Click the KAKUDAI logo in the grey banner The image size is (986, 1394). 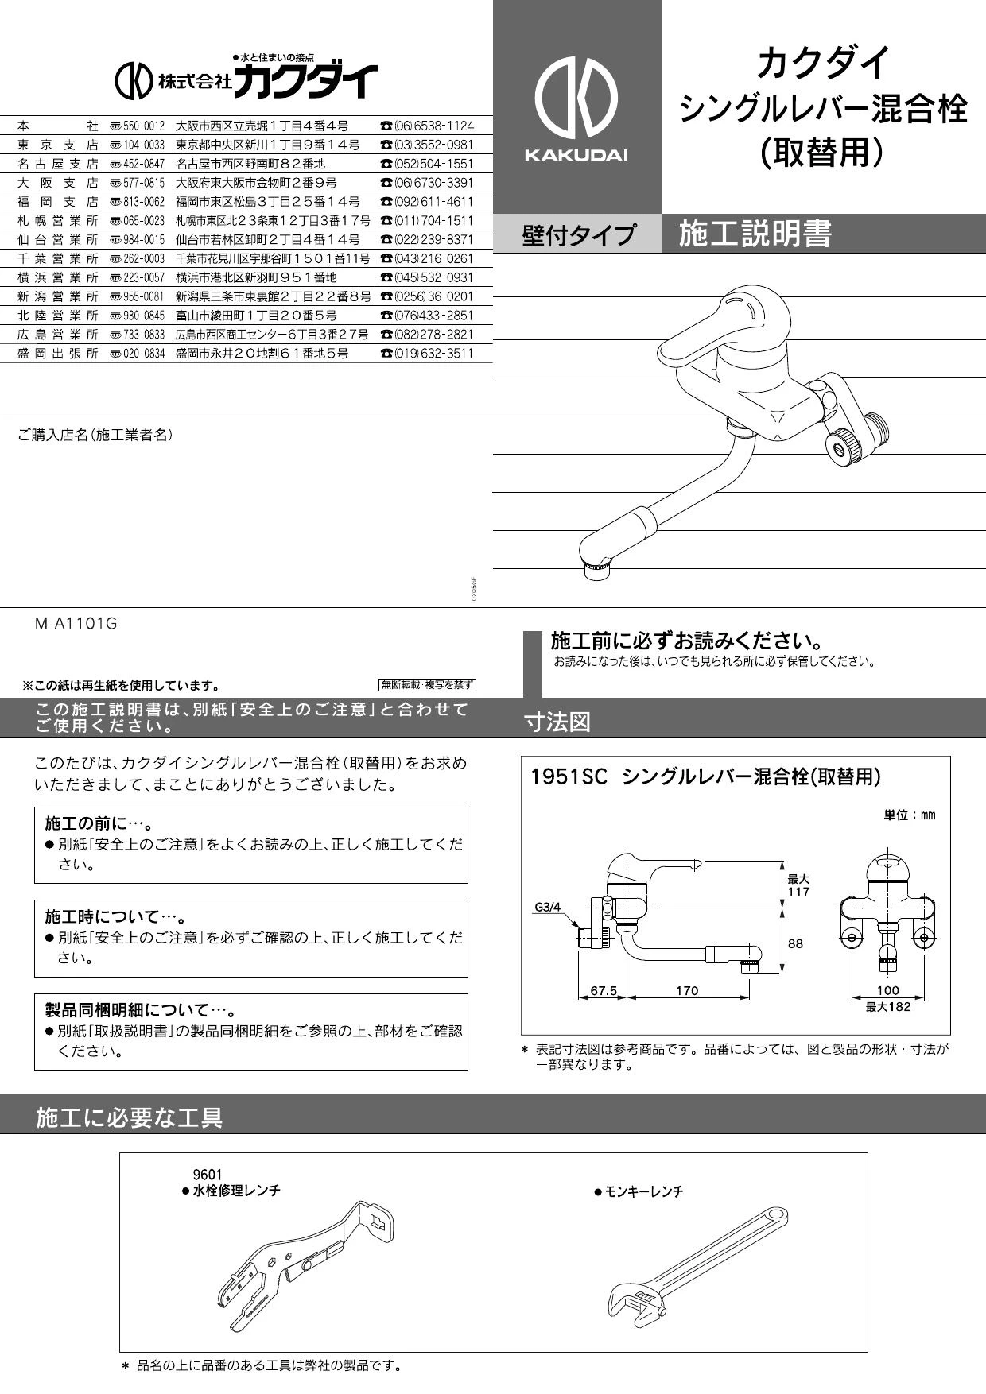point(576,107)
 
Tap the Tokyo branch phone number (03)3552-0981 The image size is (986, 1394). point(433,145)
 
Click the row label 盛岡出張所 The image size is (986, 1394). point(58,353)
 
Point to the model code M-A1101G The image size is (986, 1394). point(76,624)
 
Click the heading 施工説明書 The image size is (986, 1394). point(755,234)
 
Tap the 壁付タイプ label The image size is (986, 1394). point(578,234)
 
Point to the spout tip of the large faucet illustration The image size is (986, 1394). point(598,567)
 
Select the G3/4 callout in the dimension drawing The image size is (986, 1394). point(548,906)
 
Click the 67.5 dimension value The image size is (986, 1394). point(604,990)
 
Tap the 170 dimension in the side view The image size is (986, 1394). point(687,990)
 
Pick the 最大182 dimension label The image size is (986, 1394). point(888,1006)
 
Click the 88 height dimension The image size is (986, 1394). point(795,943)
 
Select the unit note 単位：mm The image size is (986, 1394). point(910,815)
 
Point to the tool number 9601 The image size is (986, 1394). point(208,1175)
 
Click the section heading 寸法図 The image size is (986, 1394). point(557,722)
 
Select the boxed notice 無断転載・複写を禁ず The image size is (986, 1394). point(427,685)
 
